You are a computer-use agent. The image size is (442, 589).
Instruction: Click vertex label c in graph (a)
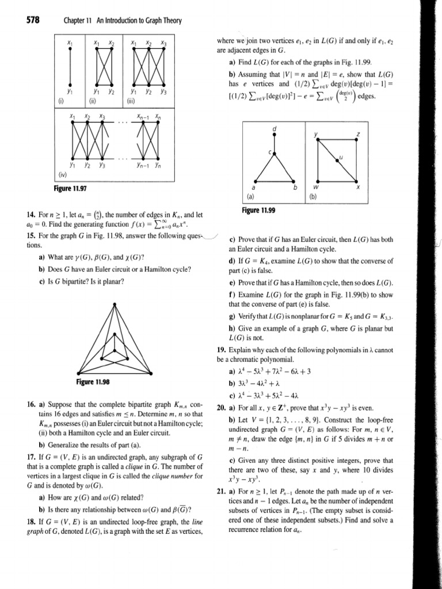coord(269,151)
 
